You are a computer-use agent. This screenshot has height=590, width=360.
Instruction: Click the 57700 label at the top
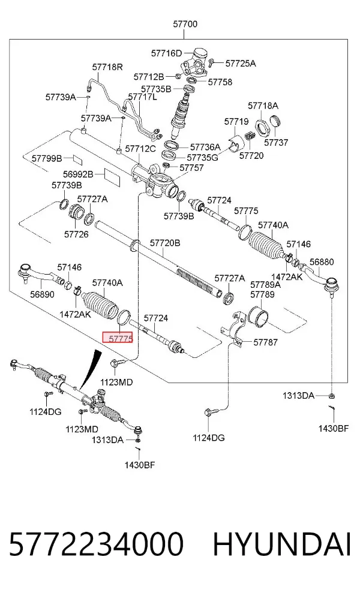click(185, 24)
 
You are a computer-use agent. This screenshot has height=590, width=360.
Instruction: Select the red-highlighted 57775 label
click(118, 338)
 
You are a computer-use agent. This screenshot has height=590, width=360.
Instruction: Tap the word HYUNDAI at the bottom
click(282, 544)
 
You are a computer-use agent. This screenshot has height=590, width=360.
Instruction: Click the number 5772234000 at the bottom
click(97, 544)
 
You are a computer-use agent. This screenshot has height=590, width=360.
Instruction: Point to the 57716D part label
click(166, 53)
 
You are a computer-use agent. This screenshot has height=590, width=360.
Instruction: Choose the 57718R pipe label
click(107, 67)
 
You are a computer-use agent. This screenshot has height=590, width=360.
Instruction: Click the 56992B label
click(78, 174)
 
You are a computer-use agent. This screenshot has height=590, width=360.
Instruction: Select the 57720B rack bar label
click(165, 243)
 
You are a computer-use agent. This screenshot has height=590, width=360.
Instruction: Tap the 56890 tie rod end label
click(42, 294)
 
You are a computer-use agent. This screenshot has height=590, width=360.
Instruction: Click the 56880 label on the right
click(322, 262)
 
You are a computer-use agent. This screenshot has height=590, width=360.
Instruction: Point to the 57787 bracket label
click(265, 342)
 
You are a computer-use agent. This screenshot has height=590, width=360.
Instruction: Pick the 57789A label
click(265, 285)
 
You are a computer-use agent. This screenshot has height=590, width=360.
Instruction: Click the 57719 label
click(236, 122)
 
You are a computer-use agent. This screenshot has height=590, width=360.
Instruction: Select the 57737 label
click(276, 142)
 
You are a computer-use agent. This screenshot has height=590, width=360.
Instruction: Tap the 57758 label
click(220, 82)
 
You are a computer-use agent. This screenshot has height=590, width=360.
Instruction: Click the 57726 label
click(76, 234)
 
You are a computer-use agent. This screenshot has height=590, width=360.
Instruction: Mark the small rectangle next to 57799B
click(78, 159)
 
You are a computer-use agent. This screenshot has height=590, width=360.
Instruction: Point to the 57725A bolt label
click(241, 63)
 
